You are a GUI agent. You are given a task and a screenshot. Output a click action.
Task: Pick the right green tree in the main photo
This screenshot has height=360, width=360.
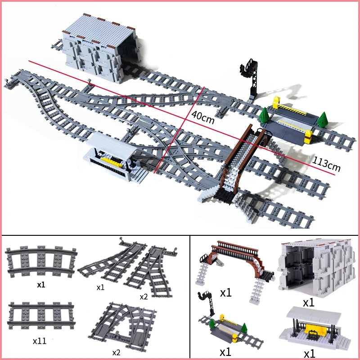click(322, 120)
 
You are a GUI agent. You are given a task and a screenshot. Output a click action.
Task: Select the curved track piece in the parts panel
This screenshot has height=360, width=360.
click(41, 263)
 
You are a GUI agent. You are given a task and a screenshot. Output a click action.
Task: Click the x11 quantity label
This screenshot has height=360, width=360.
click(40, 341)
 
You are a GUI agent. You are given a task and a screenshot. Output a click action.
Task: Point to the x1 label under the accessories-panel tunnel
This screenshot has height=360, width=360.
click(308, 302)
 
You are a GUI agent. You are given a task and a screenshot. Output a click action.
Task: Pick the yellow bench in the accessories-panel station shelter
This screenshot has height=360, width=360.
click(315, 333)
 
